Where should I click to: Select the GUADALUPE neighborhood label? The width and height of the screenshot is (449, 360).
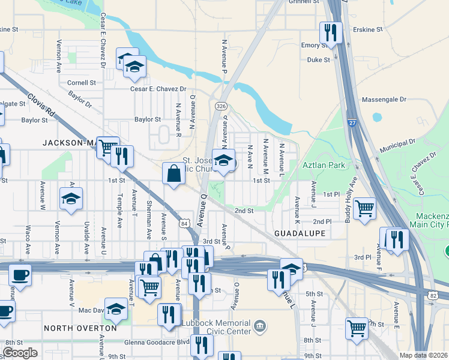(300, 233)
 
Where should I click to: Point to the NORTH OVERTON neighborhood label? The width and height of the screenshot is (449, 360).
(80, 328)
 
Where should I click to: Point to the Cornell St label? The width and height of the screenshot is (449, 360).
(82, 83)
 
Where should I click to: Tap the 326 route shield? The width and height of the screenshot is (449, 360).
(221, 106)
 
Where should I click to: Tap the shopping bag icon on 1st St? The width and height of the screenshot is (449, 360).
(173, 174)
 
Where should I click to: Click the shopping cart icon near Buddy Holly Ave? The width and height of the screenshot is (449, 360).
(364, 209)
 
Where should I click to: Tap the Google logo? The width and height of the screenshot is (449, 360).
(20, 353)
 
